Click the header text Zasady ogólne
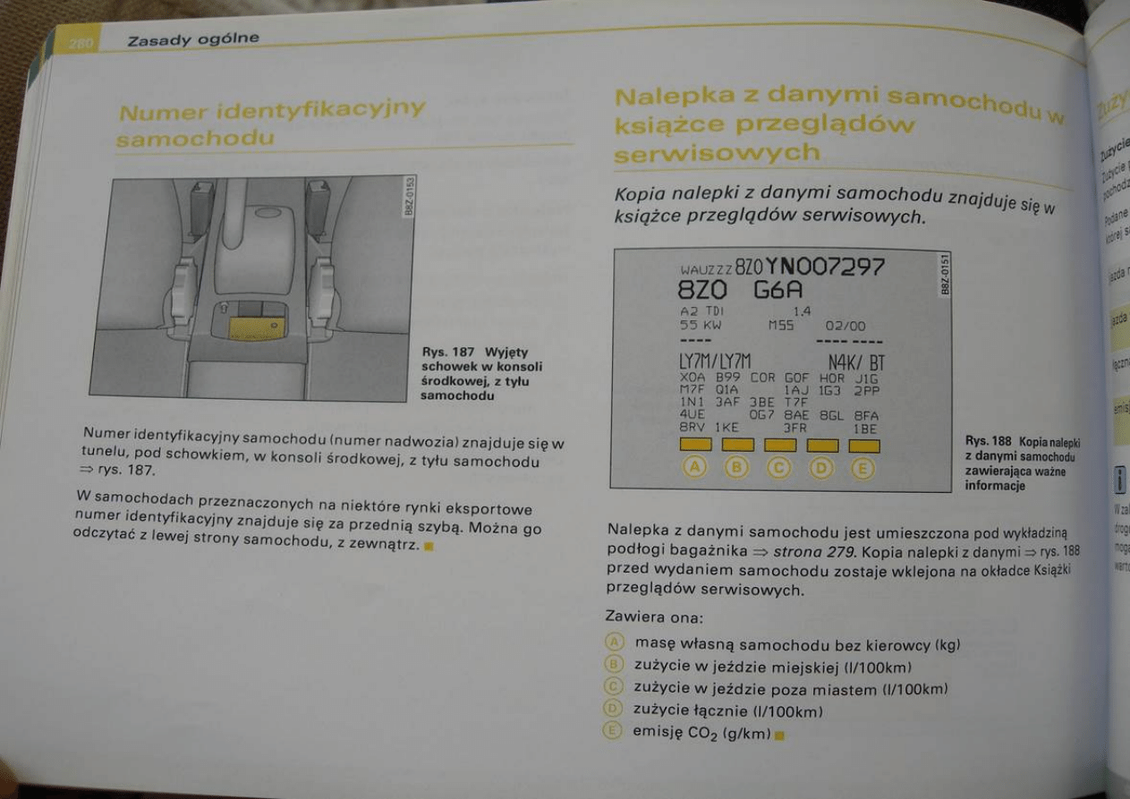pyautogui.click(x=192, y=38)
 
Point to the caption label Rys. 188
pyautogui.click(x=989, y=441)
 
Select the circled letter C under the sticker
pyautogui.click(x=780, y=467)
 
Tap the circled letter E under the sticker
pyautogui.click(x=862, y=468)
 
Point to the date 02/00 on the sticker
pyautogui.click(x=845, y=327)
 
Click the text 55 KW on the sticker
pyautogui.click(x=701, y=326)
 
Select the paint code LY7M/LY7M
pyautogui.click(x=715, y=362)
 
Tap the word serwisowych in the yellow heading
pyautogui.click(x=717, y=153)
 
